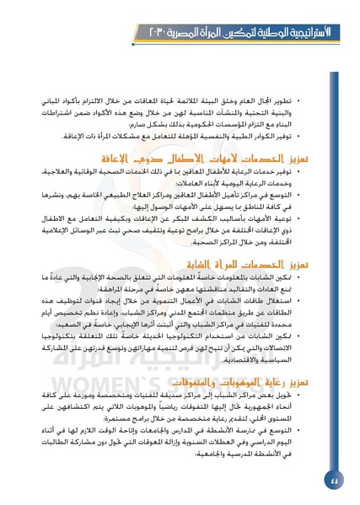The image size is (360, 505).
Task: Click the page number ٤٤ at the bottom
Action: tap(336, 481)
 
